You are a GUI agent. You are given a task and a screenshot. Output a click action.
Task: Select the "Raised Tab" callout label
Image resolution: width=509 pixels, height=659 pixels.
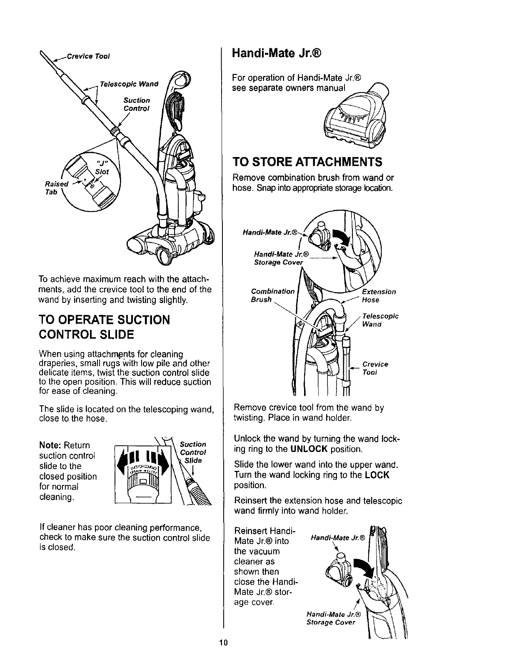tap(55, 186)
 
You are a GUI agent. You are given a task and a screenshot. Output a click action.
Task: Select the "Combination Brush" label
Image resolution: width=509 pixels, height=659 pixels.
tap(272, 295)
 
